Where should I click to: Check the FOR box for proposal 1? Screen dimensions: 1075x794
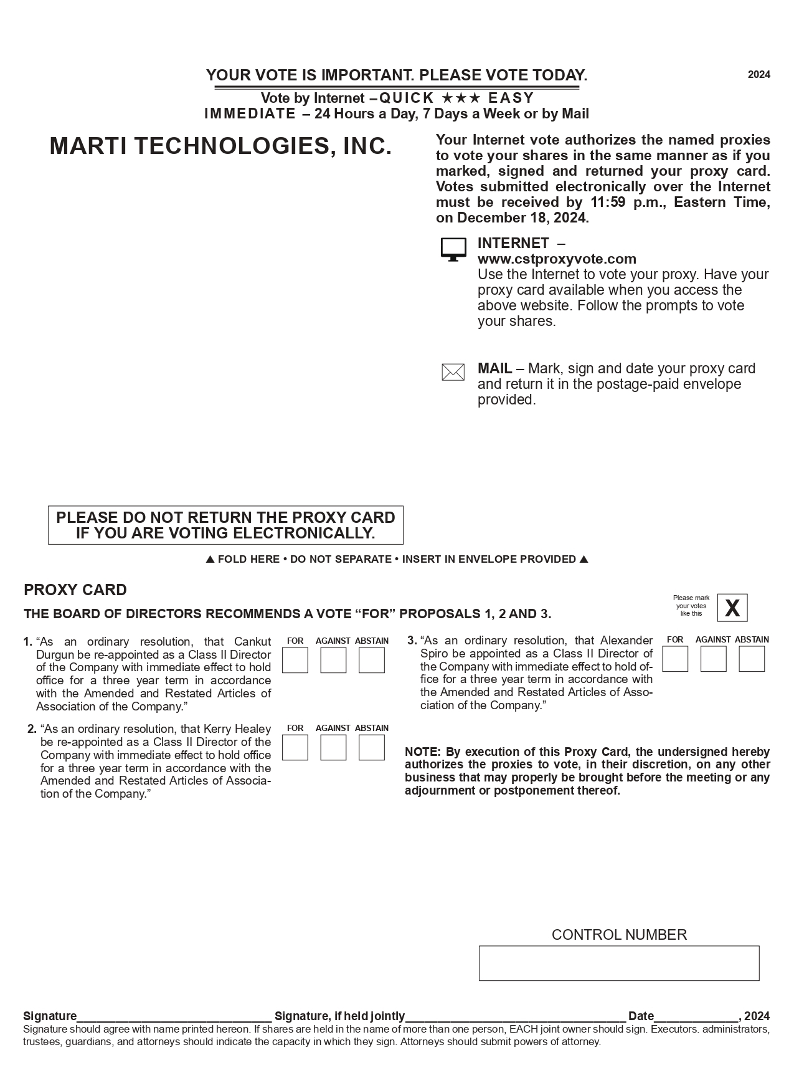tap(295, 660)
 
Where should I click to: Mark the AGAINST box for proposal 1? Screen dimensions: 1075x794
tap(333, 660)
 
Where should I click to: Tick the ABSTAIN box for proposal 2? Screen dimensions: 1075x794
tap(372, 747)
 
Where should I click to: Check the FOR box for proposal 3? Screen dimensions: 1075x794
tap(675, 659)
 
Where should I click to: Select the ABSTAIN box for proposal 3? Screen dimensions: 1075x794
tap(752, 659)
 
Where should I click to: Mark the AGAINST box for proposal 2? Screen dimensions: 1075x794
tap(333, 747)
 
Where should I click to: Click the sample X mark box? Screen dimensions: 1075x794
tap(732, 608)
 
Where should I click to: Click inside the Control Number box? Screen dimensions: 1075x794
tap(619, 963)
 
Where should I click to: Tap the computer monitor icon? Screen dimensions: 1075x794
tap(453, 249)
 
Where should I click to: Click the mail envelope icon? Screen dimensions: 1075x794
tap(453, 372)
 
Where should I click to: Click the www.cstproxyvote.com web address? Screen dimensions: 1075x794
tap(557, 259)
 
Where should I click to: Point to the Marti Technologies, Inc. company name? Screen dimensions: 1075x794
tap(220, 146)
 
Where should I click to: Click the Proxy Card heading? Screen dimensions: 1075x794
tap(75, 590)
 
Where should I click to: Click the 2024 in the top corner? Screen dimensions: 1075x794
tap(759, 75)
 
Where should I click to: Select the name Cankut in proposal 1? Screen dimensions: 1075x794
tap(252, 641)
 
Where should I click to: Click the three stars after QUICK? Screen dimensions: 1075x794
tap(461, 98)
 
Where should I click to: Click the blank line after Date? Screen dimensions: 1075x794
tap(696, 1016)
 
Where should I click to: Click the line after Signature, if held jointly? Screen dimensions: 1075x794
tap(516, 1016)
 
